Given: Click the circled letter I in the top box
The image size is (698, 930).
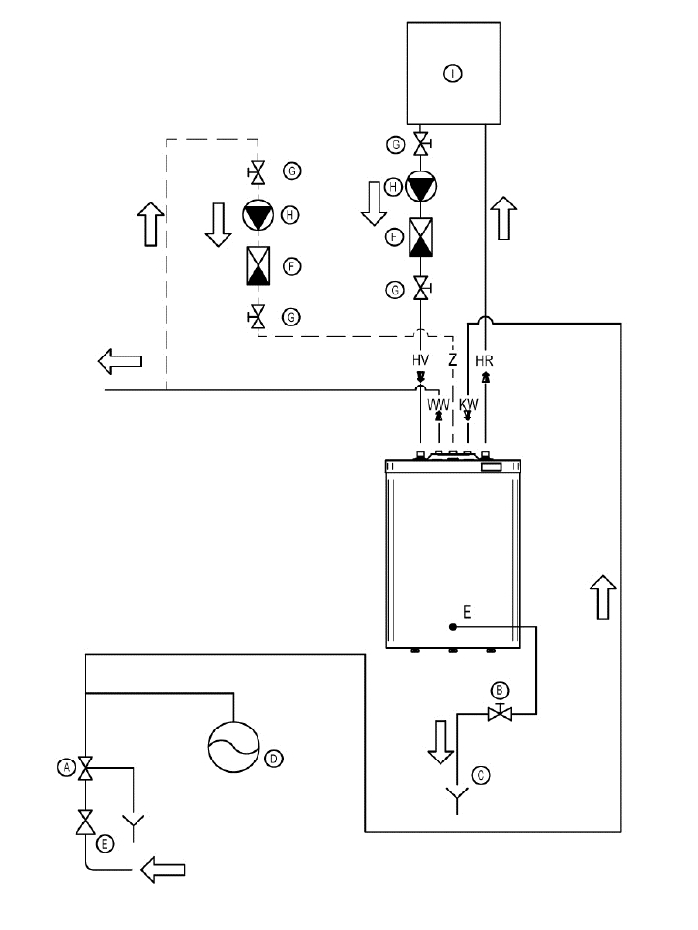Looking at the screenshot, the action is click(453, 74).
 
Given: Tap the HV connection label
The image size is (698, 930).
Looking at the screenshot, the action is click(420, 360).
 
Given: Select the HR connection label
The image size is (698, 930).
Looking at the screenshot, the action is click(484, 360).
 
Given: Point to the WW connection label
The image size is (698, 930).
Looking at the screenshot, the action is click(439, 405).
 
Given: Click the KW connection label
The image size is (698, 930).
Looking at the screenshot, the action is click(469, 405).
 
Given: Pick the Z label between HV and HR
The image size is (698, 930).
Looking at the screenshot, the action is click(453, 360).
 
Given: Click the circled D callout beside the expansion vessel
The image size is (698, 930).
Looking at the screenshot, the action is click(274, 758).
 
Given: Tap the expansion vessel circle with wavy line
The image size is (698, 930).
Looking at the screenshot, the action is click(234, 747).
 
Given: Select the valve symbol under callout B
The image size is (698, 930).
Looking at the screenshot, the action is click(500, 713).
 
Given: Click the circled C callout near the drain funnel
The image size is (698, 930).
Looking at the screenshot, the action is click(481, 775).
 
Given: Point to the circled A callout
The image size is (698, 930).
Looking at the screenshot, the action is click(67, 767).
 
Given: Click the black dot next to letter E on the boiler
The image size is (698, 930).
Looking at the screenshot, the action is click(453, 627).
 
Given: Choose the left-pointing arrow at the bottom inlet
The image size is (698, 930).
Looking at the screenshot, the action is click(163, 870).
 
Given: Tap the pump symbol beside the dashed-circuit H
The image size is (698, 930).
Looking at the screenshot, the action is click(258, 215).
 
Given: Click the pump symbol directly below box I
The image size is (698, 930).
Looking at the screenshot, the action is click(420, 187).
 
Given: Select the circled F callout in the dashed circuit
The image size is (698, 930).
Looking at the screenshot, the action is click(291, 267).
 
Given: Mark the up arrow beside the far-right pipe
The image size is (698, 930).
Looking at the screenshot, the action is click(603, 598).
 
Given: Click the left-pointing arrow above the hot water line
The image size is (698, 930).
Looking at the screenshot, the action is click(120, 361).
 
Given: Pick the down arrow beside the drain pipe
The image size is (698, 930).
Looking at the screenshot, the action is click(440, 742).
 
